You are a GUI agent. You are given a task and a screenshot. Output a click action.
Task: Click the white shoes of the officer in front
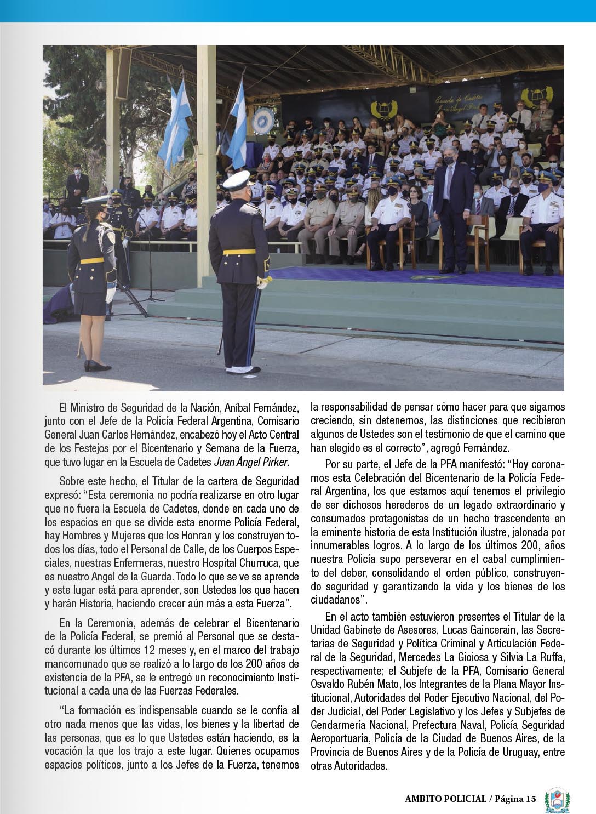pos(243,369)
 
